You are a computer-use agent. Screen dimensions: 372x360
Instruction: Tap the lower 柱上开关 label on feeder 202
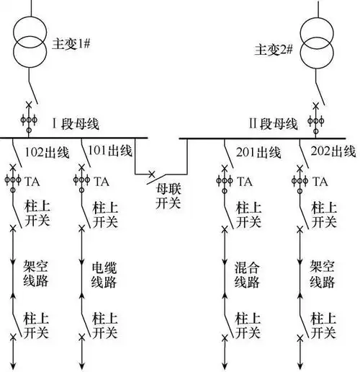321,324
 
